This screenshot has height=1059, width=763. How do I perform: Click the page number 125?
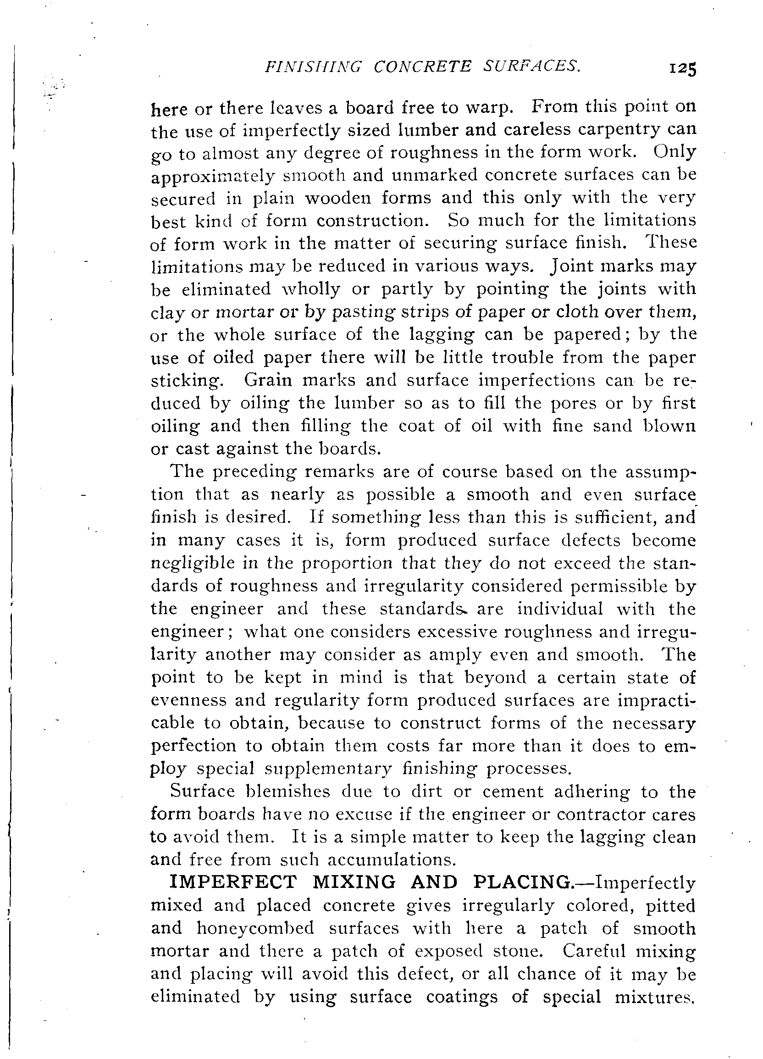point(682,69)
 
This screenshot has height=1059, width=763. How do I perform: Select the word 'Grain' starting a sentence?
point(269,380)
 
